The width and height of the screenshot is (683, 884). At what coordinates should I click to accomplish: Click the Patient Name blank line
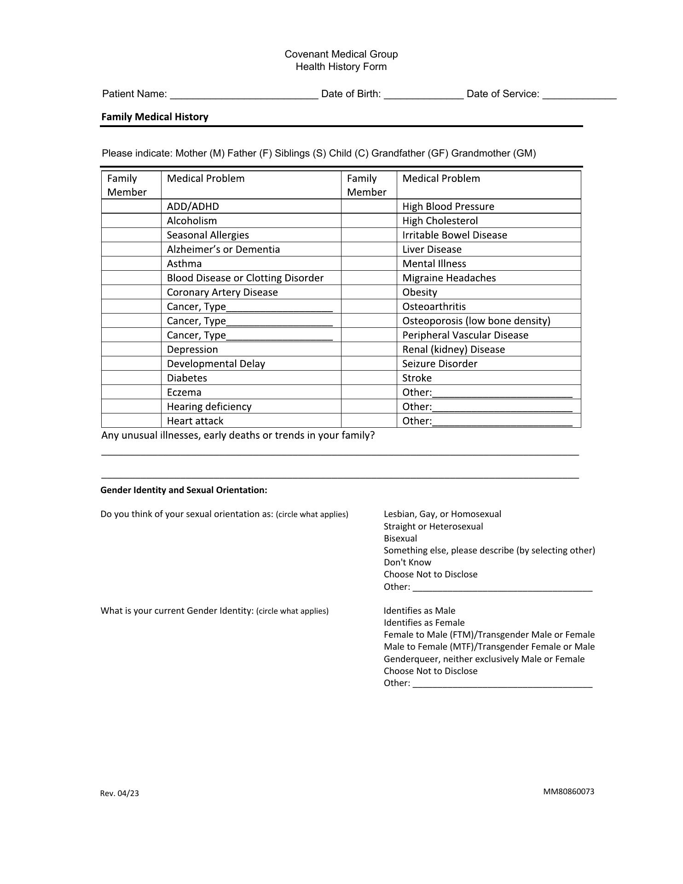point(244,95)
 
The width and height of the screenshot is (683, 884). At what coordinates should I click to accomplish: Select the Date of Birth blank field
point(423,95)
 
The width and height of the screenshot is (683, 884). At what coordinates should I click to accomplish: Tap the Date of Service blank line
point(579,95)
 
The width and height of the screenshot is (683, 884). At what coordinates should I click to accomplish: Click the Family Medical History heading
point(155,117)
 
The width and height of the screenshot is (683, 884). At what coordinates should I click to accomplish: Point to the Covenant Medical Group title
point(341,54)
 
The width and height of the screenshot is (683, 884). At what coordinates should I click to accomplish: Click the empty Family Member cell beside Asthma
point(131,264)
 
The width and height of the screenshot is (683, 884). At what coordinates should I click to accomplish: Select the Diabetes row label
point(187,378)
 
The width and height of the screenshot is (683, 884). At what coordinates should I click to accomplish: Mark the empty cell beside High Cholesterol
point(369,221)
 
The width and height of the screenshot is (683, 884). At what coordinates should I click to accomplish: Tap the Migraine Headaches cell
point(449,278)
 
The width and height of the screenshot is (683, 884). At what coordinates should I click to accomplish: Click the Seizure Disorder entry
point(440,364)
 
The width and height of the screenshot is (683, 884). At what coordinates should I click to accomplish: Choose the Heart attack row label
point(195,421)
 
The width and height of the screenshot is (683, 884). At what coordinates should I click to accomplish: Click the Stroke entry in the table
point(417,378)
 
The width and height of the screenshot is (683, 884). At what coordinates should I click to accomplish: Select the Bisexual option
point(400,538)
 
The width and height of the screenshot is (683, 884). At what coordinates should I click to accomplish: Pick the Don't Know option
point(407,562)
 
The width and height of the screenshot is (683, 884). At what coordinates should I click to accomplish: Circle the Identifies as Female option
point(424,622)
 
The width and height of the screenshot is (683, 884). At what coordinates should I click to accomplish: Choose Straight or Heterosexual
point(433,526)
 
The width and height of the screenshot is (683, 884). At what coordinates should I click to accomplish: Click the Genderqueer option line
point(484,659)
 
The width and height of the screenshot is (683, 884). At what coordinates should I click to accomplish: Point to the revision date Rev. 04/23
point(120,793)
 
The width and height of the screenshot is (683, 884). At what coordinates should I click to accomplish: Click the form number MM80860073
point(568,791)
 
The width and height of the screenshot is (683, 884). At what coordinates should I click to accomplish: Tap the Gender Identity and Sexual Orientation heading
point(184,490)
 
